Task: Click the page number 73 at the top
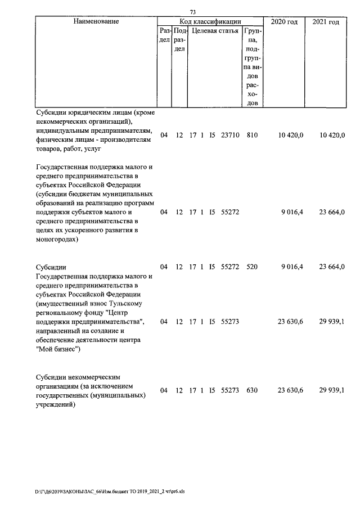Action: tap(192, 12)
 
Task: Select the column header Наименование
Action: tap(96, 22)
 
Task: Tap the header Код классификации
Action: tap(210, 22)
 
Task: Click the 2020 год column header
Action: tap(284, 22)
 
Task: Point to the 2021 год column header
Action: tap(326, 22)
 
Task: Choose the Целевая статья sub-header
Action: tap(215, 30)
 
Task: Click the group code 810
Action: tap(251, 135)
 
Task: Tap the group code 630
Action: tap(251, 390)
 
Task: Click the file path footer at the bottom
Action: tap(110, 490)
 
